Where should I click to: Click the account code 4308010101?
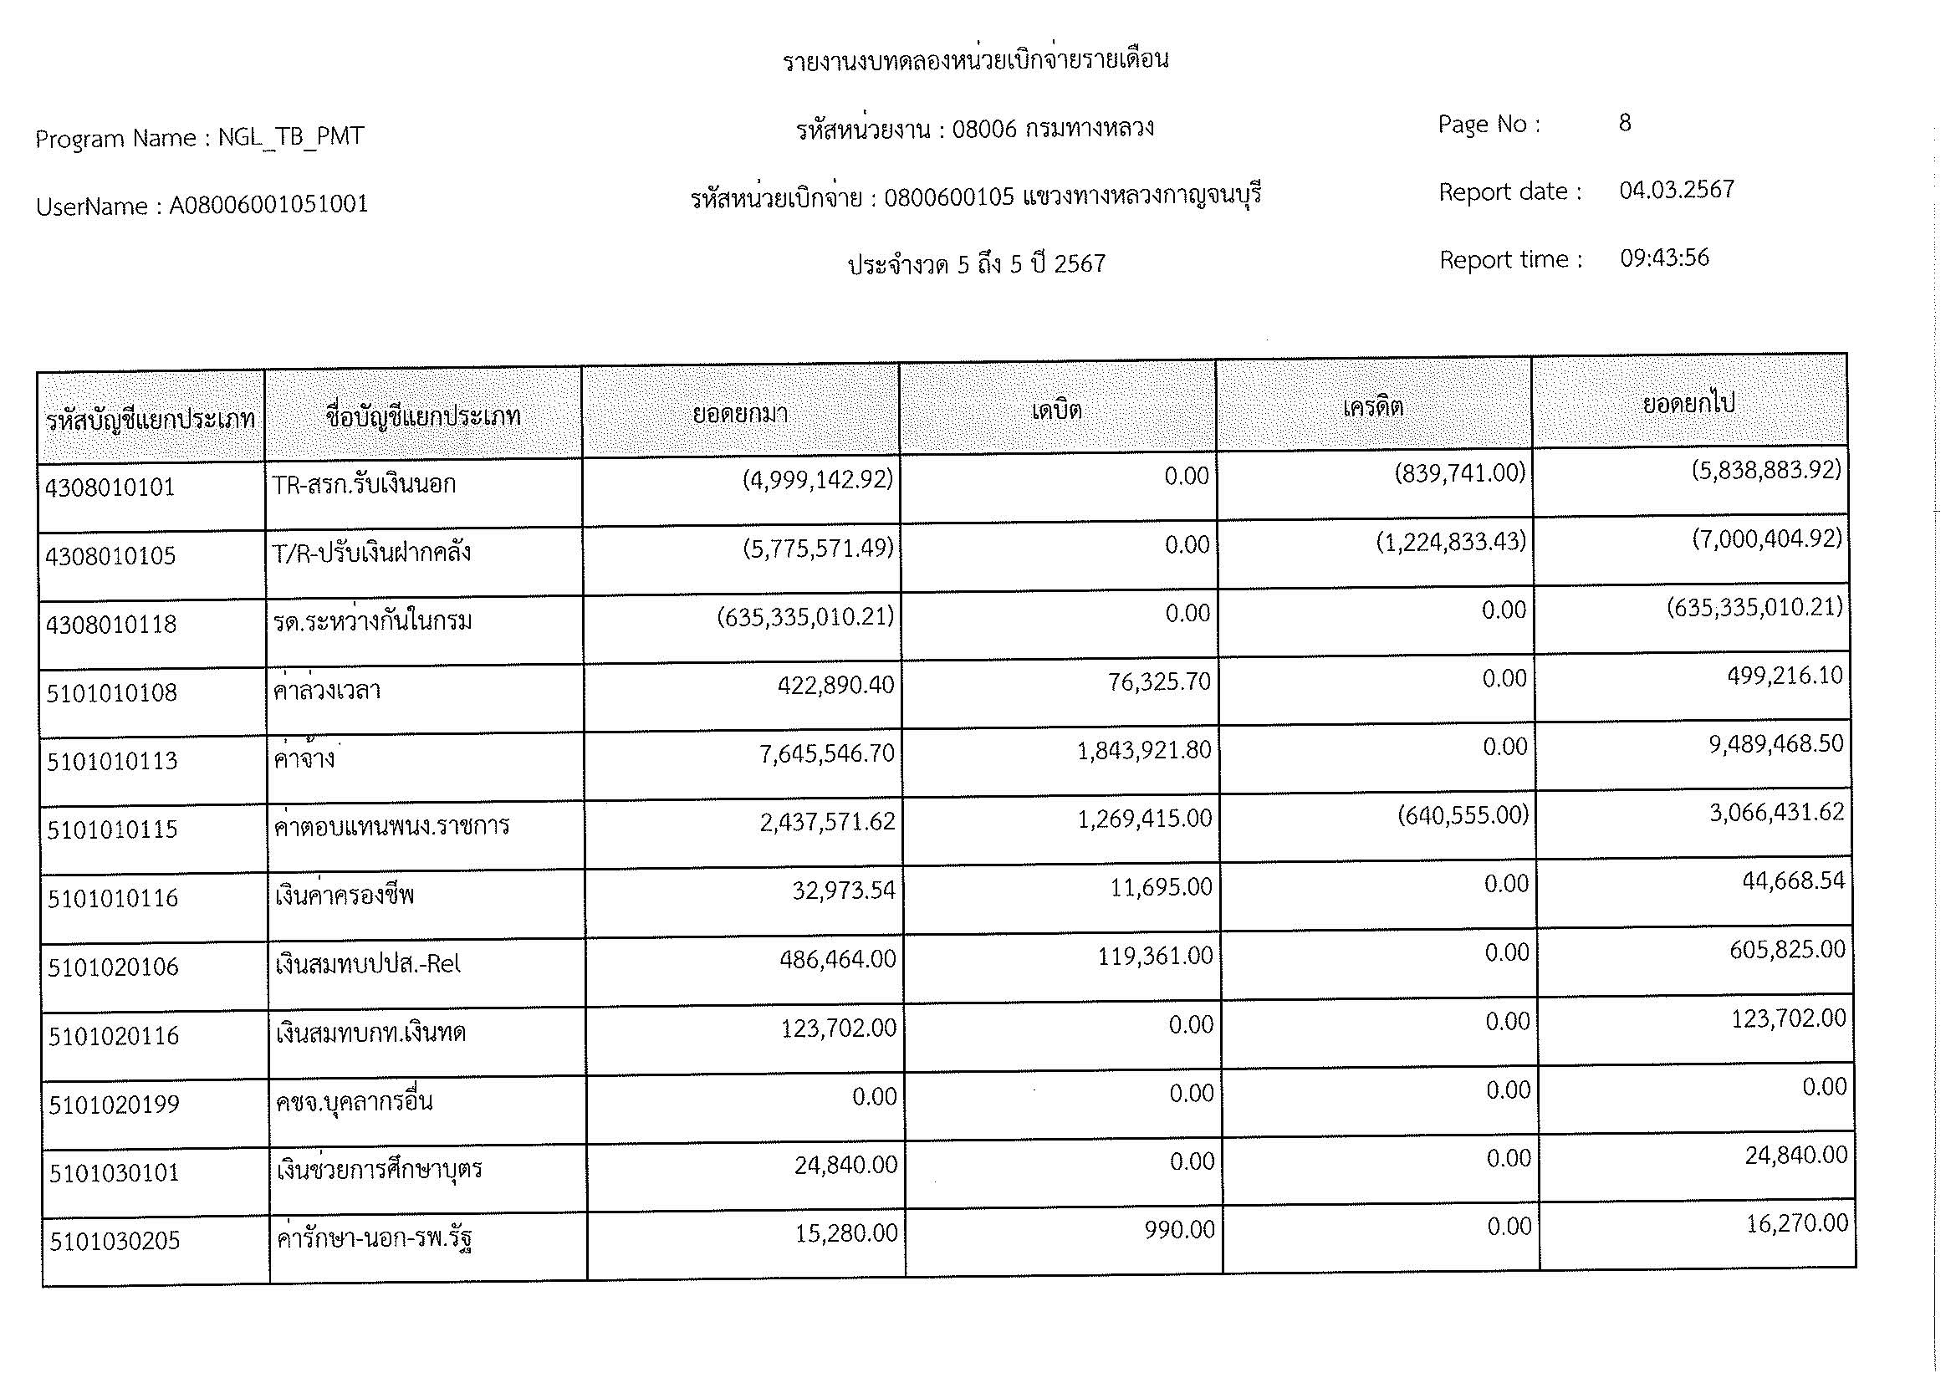click(x=110, y=487)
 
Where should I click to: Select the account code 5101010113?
click(x=111, y=760)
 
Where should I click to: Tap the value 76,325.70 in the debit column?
click(x=1158, y=681)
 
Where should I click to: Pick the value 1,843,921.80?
click(x=1143, y=750)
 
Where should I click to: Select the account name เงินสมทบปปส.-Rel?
click(x=368, y=964)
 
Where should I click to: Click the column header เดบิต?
click(x=1056, y=411)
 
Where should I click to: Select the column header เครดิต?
click(x=1372, y=406)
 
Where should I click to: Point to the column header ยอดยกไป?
click(x=1688, y=402)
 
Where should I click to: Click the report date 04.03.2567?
click(x=1677, y=189)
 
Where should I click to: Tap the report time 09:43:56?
click(x=1664, y=258)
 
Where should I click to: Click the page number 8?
click(x=1625, y=123)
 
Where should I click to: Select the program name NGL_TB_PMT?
click(x=290, y=136)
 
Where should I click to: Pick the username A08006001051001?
click(x=268, y=204)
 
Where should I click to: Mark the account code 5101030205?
click(x=115, y=1241)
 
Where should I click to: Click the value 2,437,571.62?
click(x=827, y=821)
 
